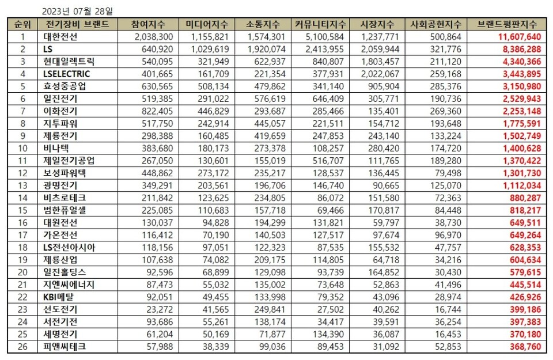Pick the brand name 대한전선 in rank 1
coord(61,37)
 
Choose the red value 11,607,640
coord(517,37)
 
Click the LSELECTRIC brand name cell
coord(66,74)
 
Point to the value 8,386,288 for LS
coord(519,49)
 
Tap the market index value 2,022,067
coord(379,74)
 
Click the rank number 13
coord(23,185)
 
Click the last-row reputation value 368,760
coord(523,347)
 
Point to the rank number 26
coord(23,347)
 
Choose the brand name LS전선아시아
coord(69,248)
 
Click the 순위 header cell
coord(23,24)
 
